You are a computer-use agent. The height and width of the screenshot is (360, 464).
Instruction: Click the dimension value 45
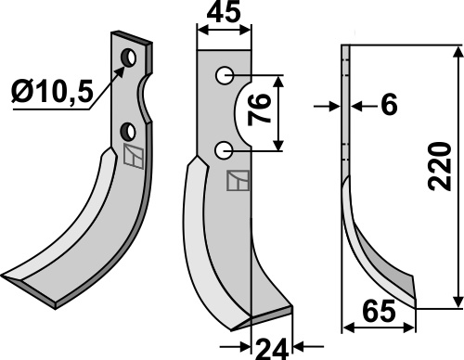click(224, 13)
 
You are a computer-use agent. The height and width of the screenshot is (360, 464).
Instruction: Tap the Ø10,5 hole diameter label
click(52, 92)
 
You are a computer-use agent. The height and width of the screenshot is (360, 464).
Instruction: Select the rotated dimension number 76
click(259, 110)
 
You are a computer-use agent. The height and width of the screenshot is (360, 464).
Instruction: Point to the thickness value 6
click(389, 105)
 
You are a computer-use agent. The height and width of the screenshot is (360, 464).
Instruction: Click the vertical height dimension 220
click(440, 166)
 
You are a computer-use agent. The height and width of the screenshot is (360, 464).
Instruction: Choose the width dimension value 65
click(379, 312)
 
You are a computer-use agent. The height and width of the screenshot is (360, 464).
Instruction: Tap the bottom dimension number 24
click(272, 349)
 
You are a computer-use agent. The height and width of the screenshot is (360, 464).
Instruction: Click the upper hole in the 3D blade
click(128, 58)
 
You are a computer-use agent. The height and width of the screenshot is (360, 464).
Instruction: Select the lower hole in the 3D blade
click(128, 132)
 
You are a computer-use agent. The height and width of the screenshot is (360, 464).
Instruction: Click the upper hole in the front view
click(225, 75)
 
